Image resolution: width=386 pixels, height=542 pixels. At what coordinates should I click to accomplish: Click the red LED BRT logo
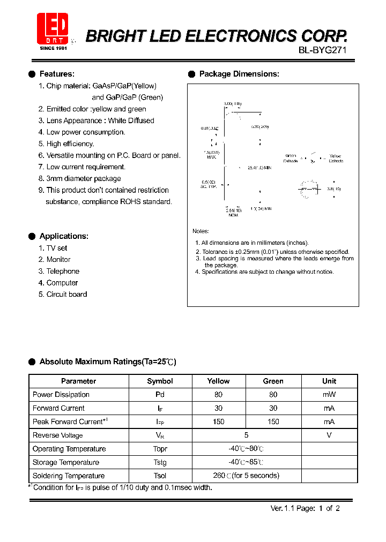53,28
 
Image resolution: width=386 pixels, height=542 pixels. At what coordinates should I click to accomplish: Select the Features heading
57,74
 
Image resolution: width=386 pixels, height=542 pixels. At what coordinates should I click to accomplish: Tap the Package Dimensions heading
239,74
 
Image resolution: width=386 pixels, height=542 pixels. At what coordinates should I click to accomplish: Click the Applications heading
64,236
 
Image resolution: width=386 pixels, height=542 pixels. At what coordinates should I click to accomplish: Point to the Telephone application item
62,271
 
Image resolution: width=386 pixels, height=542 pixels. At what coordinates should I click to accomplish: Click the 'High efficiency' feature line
70,144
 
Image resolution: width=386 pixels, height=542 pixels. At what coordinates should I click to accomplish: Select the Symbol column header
160,381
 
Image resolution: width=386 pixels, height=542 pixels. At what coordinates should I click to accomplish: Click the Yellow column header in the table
218,381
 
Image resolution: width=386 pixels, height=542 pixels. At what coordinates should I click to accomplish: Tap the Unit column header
329,381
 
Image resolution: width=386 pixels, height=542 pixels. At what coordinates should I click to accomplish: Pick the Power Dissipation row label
61,395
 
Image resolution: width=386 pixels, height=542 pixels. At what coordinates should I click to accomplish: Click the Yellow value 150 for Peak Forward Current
218,421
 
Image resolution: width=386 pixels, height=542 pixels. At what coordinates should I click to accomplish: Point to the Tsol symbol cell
160,476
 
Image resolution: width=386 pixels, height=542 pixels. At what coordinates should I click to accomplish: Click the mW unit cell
329,395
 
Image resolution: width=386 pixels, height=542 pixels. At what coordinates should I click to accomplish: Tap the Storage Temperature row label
66,462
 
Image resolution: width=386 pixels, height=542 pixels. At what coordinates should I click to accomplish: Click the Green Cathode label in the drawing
291,158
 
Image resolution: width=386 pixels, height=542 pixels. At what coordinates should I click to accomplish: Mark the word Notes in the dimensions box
201,231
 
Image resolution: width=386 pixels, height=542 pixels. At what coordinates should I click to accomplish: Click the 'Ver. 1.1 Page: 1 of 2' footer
305,508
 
